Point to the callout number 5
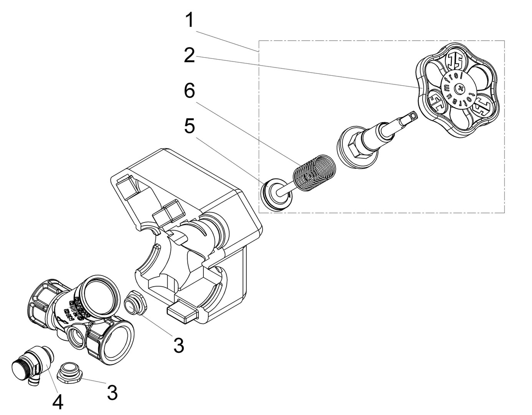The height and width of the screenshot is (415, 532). tap(189, 127)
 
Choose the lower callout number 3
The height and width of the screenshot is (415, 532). tap(112, 393)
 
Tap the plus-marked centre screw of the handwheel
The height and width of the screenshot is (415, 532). tap(459, 89)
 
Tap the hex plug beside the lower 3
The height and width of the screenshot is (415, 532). tap(71, 372)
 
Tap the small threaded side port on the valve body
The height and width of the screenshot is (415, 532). tap(76, 334)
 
